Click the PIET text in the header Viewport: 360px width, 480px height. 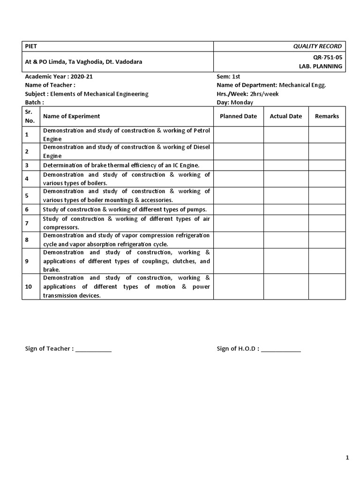(31, 46)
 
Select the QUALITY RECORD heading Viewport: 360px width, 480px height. (317, 46)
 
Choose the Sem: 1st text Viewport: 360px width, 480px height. (228, 76)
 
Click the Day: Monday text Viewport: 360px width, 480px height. (234, 102)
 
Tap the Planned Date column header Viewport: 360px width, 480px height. (238, 116)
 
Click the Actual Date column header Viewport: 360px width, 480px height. (285, 116)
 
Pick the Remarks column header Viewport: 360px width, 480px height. (327, 116)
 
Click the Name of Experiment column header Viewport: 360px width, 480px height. (71, 116)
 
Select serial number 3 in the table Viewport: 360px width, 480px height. (27, 165)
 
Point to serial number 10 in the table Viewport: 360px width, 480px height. (29, 286)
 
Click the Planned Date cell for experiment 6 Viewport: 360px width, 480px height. (238, 210)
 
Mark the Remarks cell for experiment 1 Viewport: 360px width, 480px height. (327, 135)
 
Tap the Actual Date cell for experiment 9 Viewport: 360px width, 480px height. (285, 261)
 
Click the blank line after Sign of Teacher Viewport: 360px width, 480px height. (93, 349)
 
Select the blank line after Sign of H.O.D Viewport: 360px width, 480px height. (281, 349)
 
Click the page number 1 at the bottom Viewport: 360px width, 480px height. (347, 458)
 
